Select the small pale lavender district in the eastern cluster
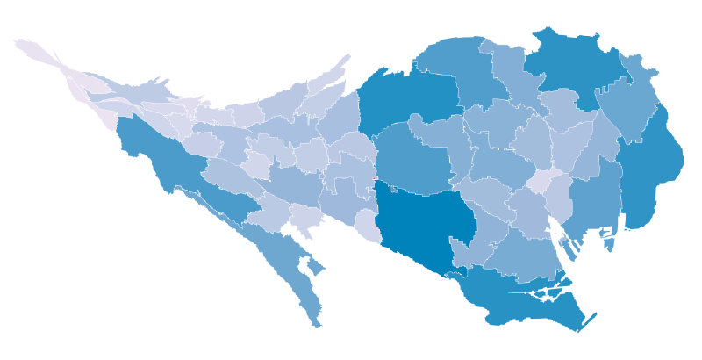(x=541, y=181)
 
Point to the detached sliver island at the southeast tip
(x=587, y=321)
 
